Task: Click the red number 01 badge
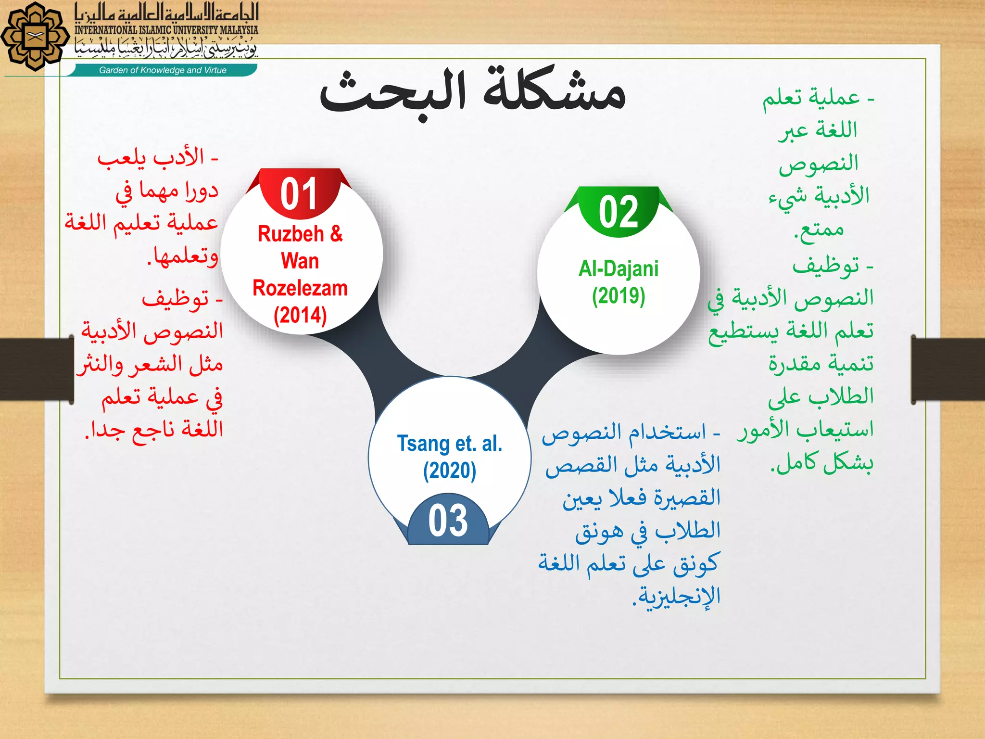[x=299, y=193]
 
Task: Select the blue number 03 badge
[x=448, y=520]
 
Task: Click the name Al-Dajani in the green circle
[x=619, y=268]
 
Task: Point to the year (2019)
[x=619, y=295]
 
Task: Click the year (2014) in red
[x=300, y=316]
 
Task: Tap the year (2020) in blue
[x=450, y=471]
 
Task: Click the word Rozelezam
[x=300, y=288]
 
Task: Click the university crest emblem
[x=35, y=37]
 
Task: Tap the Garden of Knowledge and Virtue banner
[x=163, y=70]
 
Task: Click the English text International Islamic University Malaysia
[x=166, y=30]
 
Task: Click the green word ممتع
[x=820, y=229]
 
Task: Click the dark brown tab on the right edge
[x=947, y=369]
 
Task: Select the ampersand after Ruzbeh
[x=336, y=234]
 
